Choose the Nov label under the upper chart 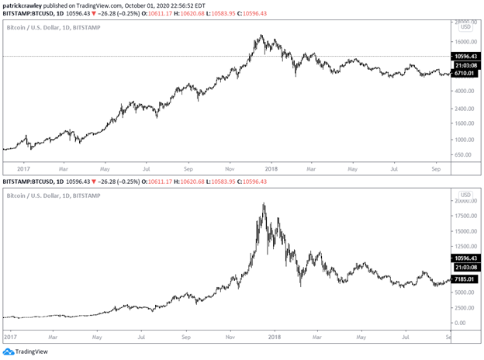tap(230, 167)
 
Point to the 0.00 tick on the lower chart tap(462, 323)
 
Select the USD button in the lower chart tap(465, 195)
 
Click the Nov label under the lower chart tap(230, 337)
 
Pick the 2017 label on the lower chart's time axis tap(12, 337)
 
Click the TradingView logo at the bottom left tap(26, 351)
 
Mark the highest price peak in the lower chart tap(264, 204)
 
